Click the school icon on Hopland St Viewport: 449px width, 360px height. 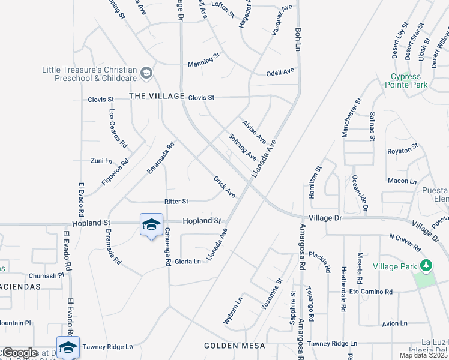click(151, 224)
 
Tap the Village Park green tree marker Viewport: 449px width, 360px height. click(426, 265)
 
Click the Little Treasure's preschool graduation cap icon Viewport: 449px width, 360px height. click(145, 73)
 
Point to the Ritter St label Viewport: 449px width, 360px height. click(176, 202)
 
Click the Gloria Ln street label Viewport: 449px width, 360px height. click(188, 262)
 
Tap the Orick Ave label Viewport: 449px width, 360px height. click(224, 187)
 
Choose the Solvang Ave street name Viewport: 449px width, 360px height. click(243, 146)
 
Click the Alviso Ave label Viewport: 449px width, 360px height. click(254, 131)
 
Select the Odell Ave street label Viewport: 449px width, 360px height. click(280, 72)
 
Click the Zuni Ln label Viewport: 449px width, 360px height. click(101, 161)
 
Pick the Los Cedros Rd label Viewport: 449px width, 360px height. click(118, 128)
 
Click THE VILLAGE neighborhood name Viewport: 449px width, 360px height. click(157, 96)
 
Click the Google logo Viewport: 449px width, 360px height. click(20, 353)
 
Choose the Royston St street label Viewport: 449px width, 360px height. click(402, 149)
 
